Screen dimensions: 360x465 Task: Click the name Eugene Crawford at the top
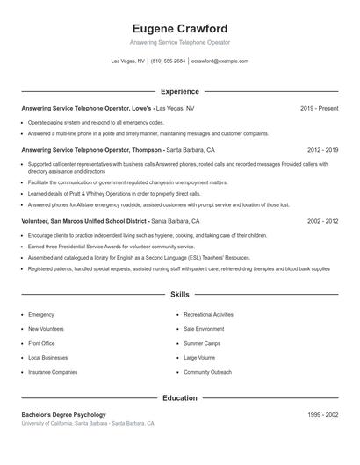coord(179,28)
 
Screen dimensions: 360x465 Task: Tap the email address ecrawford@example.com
coord(220,61)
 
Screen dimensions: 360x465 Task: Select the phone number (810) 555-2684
coord(168,61)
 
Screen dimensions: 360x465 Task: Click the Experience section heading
coord(179,91)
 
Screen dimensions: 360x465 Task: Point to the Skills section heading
coord(179,295)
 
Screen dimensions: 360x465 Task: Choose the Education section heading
coord(179,397)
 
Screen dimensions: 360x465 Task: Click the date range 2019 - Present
coord(319,108)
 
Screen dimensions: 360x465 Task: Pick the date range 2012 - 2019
coord(322,150)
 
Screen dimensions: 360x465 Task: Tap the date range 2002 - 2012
coord(322,222)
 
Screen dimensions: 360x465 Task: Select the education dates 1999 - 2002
coord(322,414)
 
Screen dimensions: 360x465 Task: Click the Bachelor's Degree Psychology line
coord(63,414)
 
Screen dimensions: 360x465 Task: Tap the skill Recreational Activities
coord(208,314)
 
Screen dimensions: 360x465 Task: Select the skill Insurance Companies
coord(53,372)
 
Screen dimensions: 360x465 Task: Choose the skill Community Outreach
coord(207,372)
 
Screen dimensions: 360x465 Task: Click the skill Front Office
coord(41,343)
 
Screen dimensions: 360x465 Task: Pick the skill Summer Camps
coord(201,343)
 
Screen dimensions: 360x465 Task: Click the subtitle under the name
coord(179,42)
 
